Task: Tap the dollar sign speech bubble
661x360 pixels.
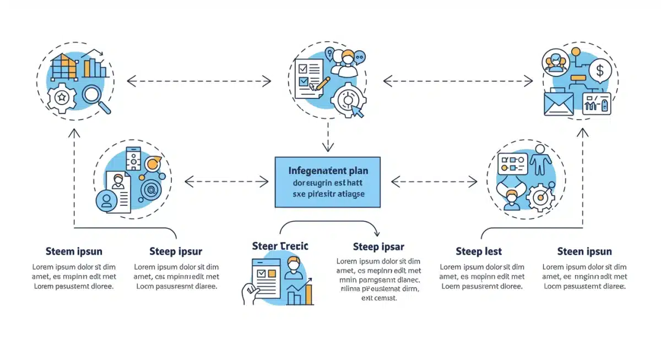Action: (x=600, y=70)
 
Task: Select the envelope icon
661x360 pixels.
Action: (x=559, y=103)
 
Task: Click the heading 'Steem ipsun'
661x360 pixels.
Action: (x=74, y=252)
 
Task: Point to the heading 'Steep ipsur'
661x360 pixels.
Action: (x=176, y=252)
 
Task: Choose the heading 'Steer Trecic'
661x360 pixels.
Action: (x=280, y=246)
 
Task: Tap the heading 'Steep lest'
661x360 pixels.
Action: (x=479, y=252)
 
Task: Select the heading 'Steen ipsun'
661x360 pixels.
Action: (x=584, y=252)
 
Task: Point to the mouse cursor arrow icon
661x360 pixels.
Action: (x=357, y=111)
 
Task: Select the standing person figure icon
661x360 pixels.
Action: (x=540, y=159)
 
